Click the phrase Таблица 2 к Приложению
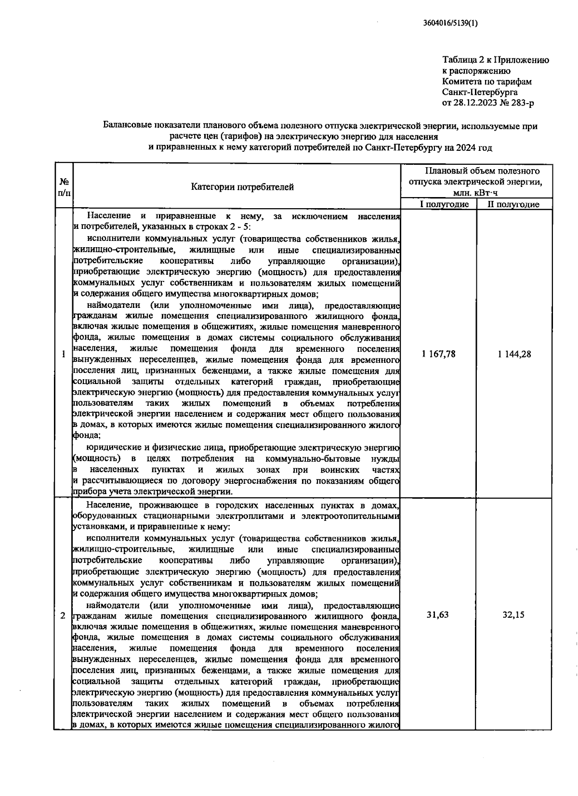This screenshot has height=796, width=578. pos(496,60)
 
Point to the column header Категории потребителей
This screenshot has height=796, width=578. pos(242,187)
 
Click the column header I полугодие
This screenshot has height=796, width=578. pos(444,204)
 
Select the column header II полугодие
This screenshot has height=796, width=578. pos(513,204)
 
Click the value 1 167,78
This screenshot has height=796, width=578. pos(438,354)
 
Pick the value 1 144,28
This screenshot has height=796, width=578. pos(514,354)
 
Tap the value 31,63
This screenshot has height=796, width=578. pos(438,614)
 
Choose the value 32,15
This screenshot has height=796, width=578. pos(513,614)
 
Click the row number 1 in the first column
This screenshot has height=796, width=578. pos(64,355)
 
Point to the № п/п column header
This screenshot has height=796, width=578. pos(64,187)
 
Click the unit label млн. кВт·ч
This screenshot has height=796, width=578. pos(475,193)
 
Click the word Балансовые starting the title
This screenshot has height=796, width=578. pos(128,126)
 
